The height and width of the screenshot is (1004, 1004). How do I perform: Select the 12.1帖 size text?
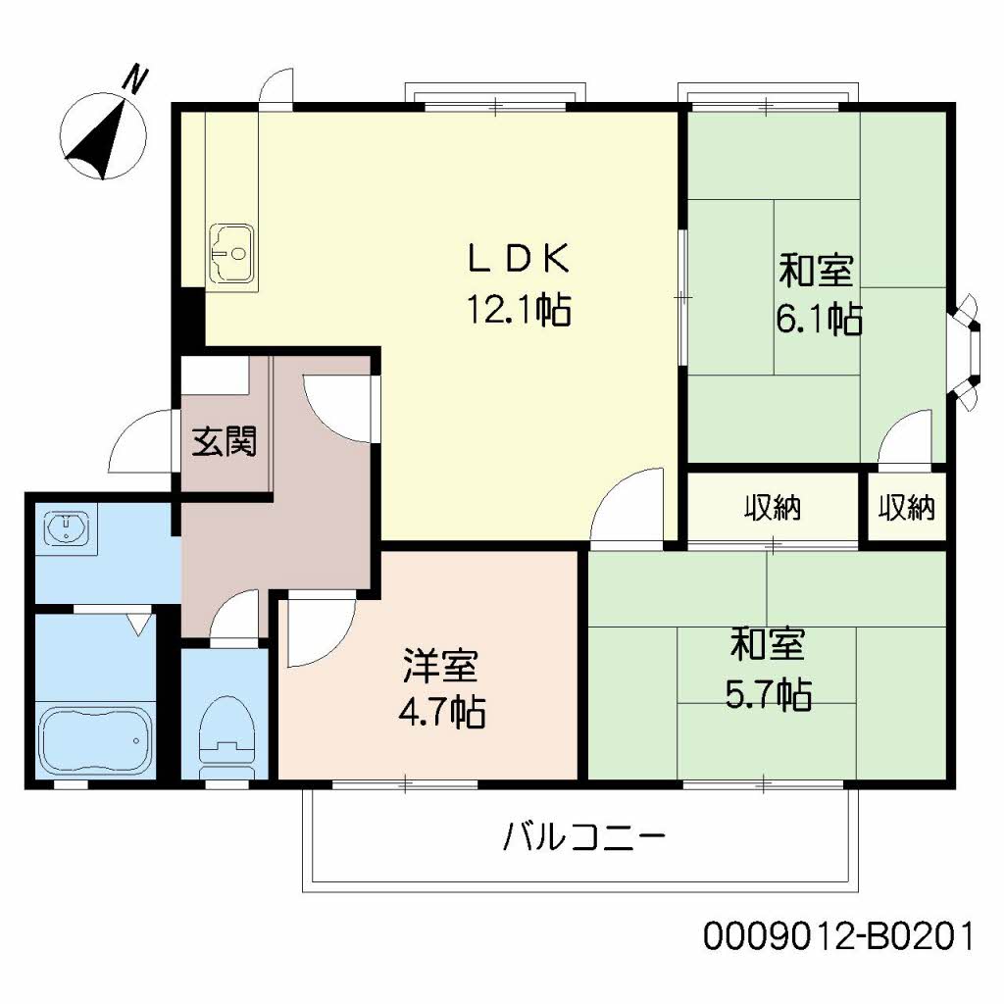tap(519, 311)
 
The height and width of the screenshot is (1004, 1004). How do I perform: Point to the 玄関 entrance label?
tap(224, 442)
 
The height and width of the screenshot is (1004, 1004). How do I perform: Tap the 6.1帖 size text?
tap(819, 319)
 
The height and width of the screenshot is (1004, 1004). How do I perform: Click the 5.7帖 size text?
tap(768, 694)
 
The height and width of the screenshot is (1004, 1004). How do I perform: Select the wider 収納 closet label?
tap(773, 508)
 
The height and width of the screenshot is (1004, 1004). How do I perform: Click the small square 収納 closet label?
tap(906, 508)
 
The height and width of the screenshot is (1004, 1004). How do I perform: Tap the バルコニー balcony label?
tap(585, 839)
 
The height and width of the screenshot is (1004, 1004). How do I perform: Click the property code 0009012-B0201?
tap(838, 936)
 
